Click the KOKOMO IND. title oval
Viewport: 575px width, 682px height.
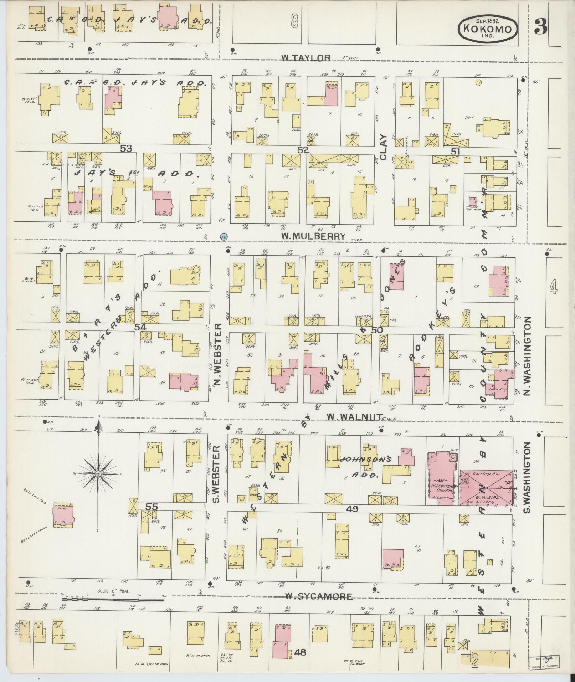487,28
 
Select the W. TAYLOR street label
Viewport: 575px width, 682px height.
306,58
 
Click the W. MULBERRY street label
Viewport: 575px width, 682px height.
313,236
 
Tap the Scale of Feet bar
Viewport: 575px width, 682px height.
112,600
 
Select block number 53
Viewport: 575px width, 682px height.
126,148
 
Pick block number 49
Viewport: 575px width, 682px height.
354,509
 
